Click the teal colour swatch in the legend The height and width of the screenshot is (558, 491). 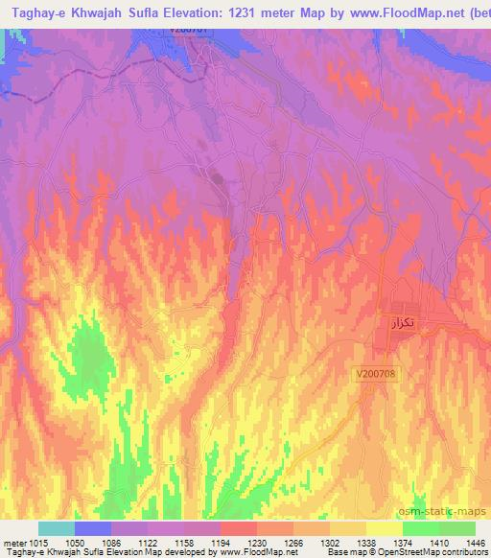57,528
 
